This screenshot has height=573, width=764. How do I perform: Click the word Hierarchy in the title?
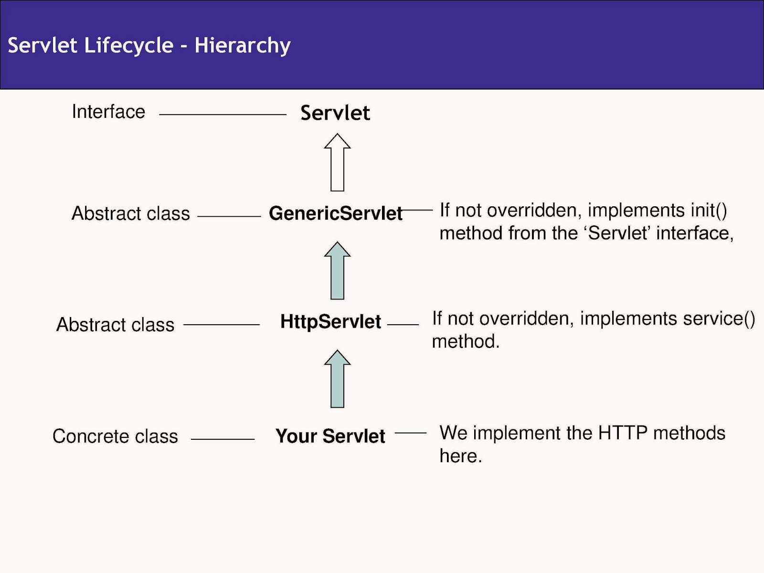click(242, 46)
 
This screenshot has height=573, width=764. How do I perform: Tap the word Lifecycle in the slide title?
click(129, 46)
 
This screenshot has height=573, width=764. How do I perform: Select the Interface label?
click(108, 112)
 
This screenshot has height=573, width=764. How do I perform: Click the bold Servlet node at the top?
click(335, 113)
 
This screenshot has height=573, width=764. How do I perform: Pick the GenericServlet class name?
click(336, 213)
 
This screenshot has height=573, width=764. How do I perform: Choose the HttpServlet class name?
click(330, 321)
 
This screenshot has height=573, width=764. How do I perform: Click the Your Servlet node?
click(330, 436)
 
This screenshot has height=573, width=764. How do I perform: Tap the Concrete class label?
click(115, 436)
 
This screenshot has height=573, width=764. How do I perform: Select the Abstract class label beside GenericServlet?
click(130, 213)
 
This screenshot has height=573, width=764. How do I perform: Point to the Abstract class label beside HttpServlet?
click(115, 325)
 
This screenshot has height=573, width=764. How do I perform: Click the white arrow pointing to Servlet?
click(337, 162)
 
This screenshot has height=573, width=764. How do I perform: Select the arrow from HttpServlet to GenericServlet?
click(337, 271)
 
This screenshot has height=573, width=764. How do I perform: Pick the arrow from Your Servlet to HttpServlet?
click(337, 379)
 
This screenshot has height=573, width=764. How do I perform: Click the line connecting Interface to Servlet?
click(223, 115)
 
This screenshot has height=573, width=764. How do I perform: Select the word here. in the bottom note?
click(460, 456)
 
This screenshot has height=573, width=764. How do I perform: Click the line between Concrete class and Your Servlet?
click(223, 439)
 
